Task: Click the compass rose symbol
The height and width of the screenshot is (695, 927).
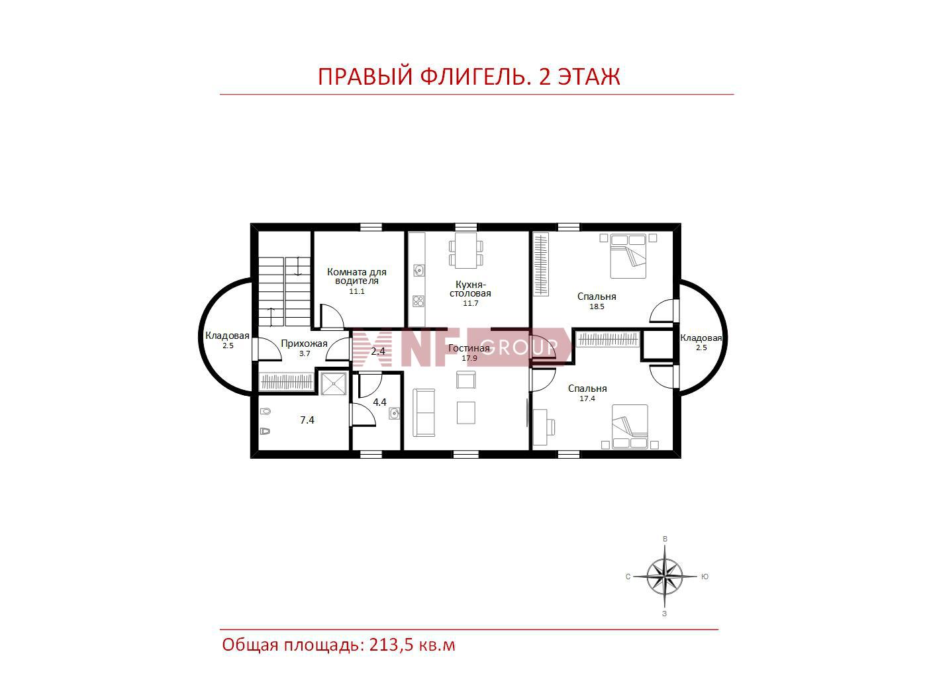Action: pos(664,576)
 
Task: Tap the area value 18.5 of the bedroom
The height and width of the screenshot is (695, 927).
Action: pos(597,306)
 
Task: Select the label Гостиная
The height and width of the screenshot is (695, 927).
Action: pos(469,348)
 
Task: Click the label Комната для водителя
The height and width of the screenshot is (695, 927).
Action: pos(357,277)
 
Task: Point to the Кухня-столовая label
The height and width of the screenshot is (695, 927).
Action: pos(471,289)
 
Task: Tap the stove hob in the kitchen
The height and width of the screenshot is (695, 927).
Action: pos(418,301)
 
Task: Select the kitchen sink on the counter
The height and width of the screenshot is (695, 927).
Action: pos(419,270)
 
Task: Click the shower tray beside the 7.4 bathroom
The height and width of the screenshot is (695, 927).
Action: pos(334,384)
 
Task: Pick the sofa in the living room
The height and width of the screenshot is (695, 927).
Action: pos(424,412)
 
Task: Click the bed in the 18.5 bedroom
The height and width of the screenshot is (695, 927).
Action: pos(628,256)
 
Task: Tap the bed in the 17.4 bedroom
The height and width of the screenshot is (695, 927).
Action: pos(630,426)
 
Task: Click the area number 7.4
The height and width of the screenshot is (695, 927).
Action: pos(307,420)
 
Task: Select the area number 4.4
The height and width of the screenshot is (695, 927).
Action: pos(379,402)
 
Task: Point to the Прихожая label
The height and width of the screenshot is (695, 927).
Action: pos(304,344)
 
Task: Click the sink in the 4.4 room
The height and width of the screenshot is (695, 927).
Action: pos(394,414)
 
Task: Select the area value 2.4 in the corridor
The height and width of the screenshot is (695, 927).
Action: pos(378,351)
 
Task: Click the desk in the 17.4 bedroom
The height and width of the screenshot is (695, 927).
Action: pos(540,426)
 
